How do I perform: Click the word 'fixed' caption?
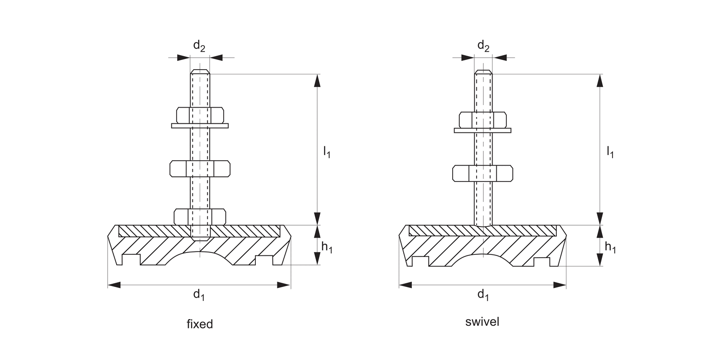(200, 324)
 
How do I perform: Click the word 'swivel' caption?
(482, 322)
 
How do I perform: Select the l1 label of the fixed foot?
(326, 153)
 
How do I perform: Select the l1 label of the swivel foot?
(610, 153)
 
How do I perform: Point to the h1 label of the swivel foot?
(610, 248)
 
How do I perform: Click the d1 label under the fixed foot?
(199, 295)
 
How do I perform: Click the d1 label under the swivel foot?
(483, 295)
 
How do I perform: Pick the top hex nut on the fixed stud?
(200, 115)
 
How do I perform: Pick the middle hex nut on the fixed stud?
(200, 168)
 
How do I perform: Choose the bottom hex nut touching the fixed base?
(200, 216)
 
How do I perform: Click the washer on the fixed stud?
(200, 126)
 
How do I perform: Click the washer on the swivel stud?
(482, 130)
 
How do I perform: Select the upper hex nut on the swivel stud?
(482, 120)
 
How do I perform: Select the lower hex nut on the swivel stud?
(482, 173)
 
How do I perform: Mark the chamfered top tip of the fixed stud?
(200, 72)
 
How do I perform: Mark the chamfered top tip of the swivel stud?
(483, 72)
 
